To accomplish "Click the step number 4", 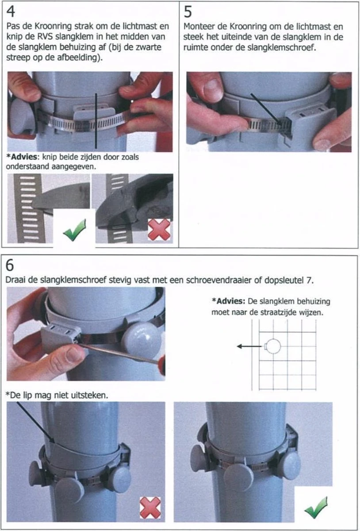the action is [11, 12].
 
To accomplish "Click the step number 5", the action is [188, 12].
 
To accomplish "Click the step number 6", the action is [9, 265].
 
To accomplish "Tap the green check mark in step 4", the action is [75, 230].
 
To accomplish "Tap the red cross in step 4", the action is [159, 229].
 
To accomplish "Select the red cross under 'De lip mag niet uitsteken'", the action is [150, 508].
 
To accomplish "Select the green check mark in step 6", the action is [316, 507].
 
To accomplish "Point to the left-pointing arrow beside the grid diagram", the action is [249, 346].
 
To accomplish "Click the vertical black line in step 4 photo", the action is [96, 121].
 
